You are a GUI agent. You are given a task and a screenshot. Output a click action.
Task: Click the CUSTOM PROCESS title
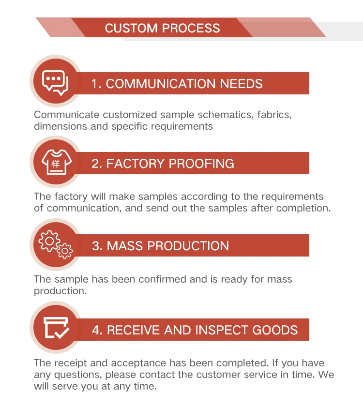point(162,28)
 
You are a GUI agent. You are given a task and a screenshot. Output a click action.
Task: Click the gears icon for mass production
point(55,244)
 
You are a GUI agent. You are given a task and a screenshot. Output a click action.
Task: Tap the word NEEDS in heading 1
point(242,84)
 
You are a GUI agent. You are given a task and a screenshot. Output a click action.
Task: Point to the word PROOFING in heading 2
point(203,164)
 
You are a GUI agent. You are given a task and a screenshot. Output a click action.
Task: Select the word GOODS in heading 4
point(275,331)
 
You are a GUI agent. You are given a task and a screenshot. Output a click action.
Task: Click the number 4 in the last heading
point(96,331)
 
